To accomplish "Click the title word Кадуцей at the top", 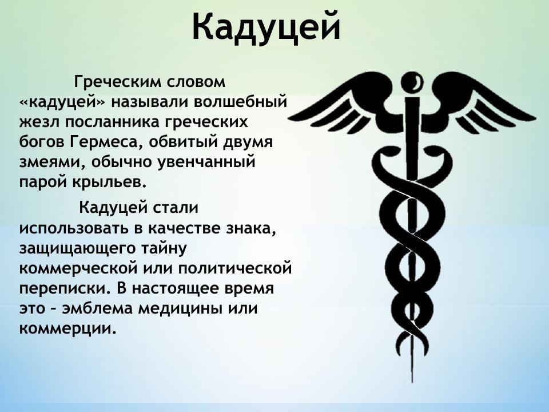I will tap(266, 26).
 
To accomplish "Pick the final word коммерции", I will tap(67, 328).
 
